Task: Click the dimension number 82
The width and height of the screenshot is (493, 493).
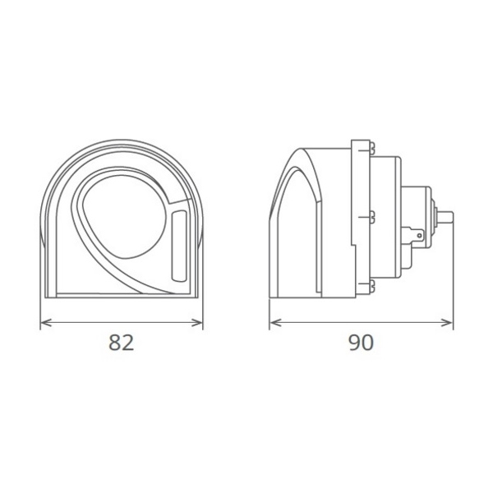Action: [122, 343]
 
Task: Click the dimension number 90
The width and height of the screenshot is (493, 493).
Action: [362, 343]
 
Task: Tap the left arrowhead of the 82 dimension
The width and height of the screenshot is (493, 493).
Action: [46, 323]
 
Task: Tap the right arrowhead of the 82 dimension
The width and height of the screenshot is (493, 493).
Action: [197, 323]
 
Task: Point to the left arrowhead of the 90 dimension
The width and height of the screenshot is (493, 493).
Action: [275, 323]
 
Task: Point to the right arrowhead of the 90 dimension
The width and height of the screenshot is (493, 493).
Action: [447, 323]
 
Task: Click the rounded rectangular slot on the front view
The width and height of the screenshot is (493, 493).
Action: [179, 246]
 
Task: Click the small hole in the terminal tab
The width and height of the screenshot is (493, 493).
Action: [419, 235]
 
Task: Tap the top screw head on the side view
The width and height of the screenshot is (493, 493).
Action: [372, 150]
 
